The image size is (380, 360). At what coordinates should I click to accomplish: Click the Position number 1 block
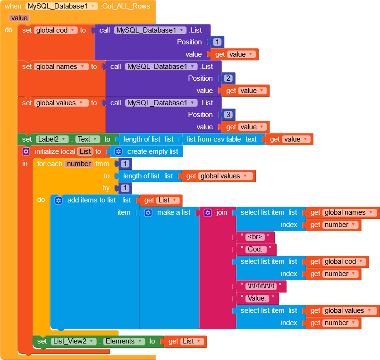point(217,42)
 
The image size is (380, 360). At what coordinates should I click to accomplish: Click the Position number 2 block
point(228,78)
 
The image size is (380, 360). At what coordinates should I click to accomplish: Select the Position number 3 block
point(228,115)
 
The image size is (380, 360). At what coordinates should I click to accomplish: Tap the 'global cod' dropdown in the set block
point(55,30)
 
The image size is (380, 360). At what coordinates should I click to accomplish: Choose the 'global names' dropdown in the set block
point(61,67)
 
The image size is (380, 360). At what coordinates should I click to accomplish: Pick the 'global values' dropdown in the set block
point(61,103)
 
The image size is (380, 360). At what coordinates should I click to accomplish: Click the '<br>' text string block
point(255,237)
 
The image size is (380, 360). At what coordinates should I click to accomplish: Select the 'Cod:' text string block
point(256,249)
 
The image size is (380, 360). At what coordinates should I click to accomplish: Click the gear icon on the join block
point(208,213)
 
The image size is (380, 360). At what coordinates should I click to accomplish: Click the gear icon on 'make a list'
point(148,213)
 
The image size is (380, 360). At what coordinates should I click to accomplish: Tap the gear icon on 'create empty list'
point(118,151)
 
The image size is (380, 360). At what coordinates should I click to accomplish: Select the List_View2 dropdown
point(73,341)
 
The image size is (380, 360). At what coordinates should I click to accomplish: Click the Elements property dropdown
point(124,341)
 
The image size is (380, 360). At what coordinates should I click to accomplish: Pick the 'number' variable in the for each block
point(78,164)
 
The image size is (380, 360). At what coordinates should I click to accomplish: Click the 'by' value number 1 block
point(125,188)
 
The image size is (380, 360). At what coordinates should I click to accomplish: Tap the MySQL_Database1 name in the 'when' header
point(62,6)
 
